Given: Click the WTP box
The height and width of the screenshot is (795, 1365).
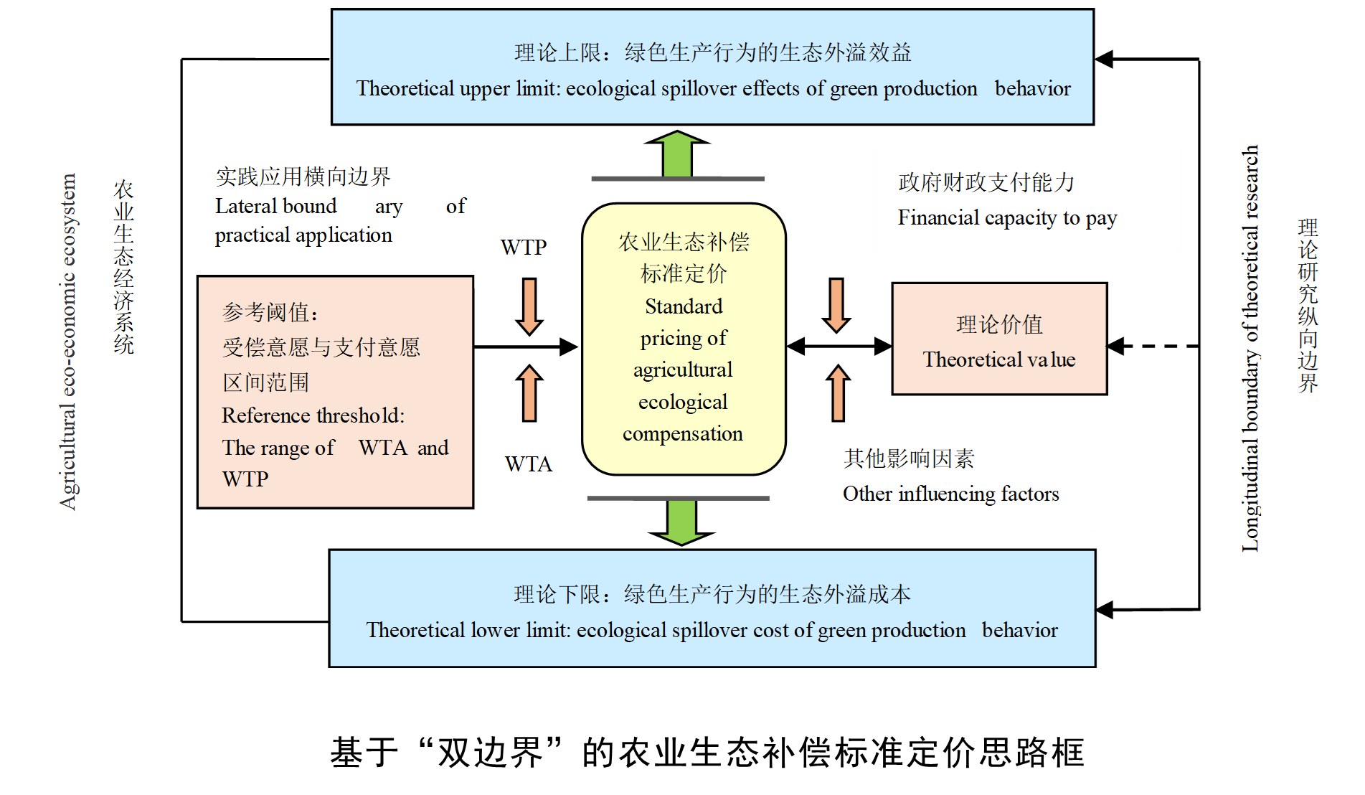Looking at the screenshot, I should pyautogui.click(x=524, y=248).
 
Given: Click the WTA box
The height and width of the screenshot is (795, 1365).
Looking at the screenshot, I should pyautogui.click(x=529, y=464).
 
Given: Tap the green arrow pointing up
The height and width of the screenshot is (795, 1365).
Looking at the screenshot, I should pyautogui.click(x=677, y=154).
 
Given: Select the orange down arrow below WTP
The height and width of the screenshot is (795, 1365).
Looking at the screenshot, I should pyautogui.click(x=529, y=306).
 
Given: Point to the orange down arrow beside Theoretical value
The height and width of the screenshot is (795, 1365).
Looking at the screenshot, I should pyautogui.click(x=836, y=305).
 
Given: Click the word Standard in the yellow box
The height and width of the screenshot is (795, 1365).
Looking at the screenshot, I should pyautogui.click(x=684, y=306).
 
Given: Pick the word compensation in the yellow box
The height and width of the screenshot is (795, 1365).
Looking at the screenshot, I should pyautogui.click(x=683, y=433).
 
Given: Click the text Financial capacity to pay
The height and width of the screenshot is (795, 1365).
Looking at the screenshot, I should pyautogui.click(x=1007, y=217).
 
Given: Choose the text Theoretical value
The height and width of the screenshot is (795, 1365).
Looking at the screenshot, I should pyautogui.click(x=999, y=359).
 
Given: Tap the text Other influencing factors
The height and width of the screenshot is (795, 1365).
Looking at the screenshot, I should pyautogui.click(x=950, y=494).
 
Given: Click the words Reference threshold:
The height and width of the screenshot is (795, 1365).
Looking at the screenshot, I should pyautogui.click(x=313, y=415).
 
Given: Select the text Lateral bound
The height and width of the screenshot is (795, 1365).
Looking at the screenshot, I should pyautogui.click(x=275, y=206).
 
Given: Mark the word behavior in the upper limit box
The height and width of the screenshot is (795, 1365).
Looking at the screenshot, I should pyautogui.click(x=1032, y=88).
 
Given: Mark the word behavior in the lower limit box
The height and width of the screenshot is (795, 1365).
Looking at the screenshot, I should pyautogui.click(x=1019, y=630).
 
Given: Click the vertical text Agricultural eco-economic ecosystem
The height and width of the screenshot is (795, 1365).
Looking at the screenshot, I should pyautogui.click(x=68, y=342).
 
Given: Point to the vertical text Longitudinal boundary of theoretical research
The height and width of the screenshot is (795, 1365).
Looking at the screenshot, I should pyautogui.click(x=1250, y=349).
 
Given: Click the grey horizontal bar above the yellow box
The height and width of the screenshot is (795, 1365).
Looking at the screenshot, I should pyautogui.click(x=678, y=179).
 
